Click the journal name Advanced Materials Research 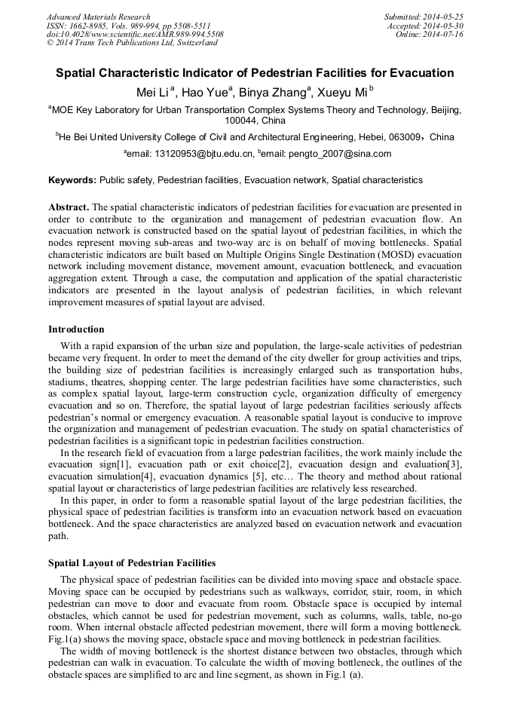click(99, 17)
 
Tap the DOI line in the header click(135, 35)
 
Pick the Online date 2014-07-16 click(443, 35)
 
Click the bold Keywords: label click(72, 180)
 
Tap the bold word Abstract click(68, 207)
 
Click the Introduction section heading click(76, 329)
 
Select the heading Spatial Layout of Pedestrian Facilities click(132, 563)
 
